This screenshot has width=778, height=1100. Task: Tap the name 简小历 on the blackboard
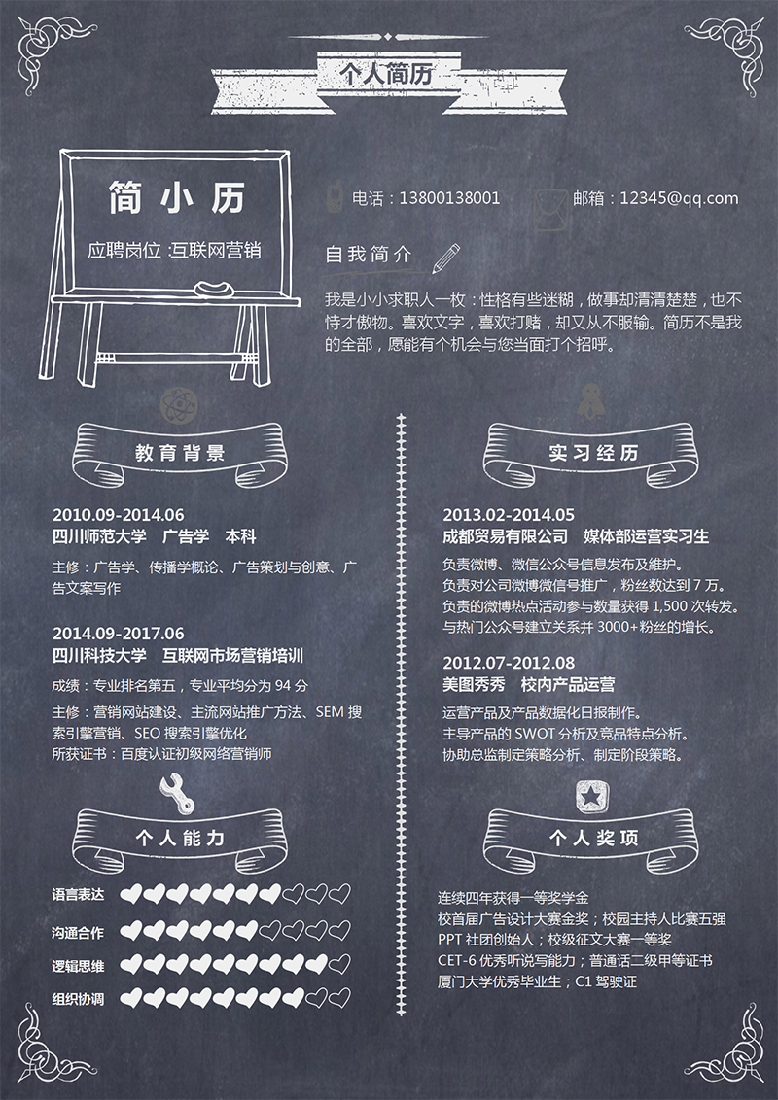point(176,197)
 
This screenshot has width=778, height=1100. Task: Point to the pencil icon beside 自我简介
point(444,256)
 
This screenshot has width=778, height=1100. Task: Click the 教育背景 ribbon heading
point(180,452)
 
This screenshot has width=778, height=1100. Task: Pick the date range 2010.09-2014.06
point(118,515)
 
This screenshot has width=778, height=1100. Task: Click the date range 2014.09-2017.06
point(118,633)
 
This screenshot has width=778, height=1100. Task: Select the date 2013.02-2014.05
point(508,515)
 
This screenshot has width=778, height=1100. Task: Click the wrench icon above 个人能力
point(181,792)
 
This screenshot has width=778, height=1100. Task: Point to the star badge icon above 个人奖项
point(589,796)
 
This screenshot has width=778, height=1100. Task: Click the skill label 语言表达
point(78,894)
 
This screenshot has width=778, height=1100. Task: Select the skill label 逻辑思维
point(78,965)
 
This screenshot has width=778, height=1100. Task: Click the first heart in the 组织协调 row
point(131,998)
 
